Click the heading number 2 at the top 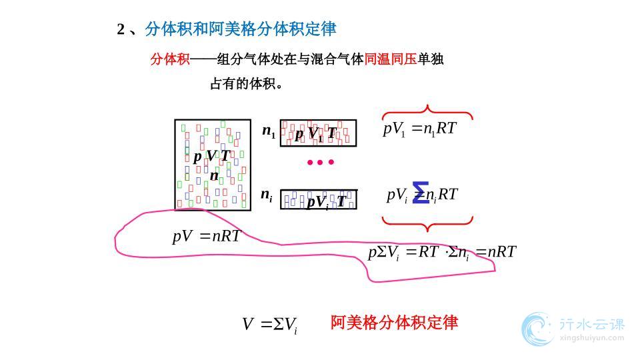tap(121, 29)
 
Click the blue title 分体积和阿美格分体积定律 tap(241, 29)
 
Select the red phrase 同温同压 tap(391, 59)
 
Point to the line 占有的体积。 tap(247, 84)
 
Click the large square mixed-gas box tap(213, 165)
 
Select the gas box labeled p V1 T tap(318, 133)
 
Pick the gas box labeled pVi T tap(318, 199)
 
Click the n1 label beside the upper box tap(269, 131)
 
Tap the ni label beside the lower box tap(267, 196)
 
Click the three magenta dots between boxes tap(320, 162)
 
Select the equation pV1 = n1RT tap(419, 129)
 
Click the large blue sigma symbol tap(420, 192)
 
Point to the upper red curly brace tap(427, 111)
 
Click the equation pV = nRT tap(206, 236)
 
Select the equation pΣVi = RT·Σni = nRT tap(442, 252)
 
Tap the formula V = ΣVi tap(269, 325)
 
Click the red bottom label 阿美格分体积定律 tap(394, 323)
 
